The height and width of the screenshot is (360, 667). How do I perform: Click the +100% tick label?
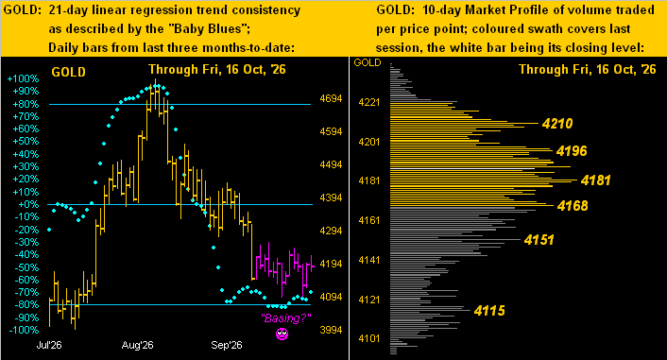(x=23, y=78)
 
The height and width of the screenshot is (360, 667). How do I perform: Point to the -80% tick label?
(x=26, y=304)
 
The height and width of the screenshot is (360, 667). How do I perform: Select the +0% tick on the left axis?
(x=28, y=204)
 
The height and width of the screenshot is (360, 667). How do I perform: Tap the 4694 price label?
(x=331, y=98)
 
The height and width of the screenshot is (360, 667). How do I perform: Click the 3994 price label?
(x=331, y=330)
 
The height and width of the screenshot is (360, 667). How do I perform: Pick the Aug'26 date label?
(x=137, y=345)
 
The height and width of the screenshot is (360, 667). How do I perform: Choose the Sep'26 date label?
(x=227, y=345)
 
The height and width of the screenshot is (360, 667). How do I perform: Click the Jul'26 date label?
(x=49, y=345)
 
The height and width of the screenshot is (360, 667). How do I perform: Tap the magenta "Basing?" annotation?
(x=286, y=317)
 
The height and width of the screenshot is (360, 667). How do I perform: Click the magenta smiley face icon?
(x=282, y=334)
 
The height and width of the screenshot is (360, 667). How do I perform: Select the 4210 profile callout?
(x=557, y=124)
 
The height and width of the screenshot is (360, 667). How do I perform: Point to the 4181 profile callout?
(x=595, y=180)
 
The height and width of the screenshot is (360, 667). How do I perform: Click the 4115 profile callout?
(x=489, y=311)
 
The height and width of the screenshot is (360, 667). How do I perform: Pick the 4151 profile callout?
(x=539, y=240)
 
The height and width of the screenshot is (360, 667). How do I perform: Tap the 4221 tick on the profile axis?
(x=368, y=103)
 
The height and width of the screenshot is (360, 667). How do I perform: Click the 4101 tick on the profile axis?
(x=368, y=338)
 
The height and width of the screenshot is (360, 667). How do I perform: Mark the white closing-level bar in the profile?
(x=462, y=169)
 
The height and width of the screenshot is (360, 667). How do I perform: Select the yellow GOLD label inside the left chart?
(x=68, y=73)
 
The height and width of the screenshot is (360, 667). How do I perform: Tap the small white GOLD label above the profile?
(x=368, y=62)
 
